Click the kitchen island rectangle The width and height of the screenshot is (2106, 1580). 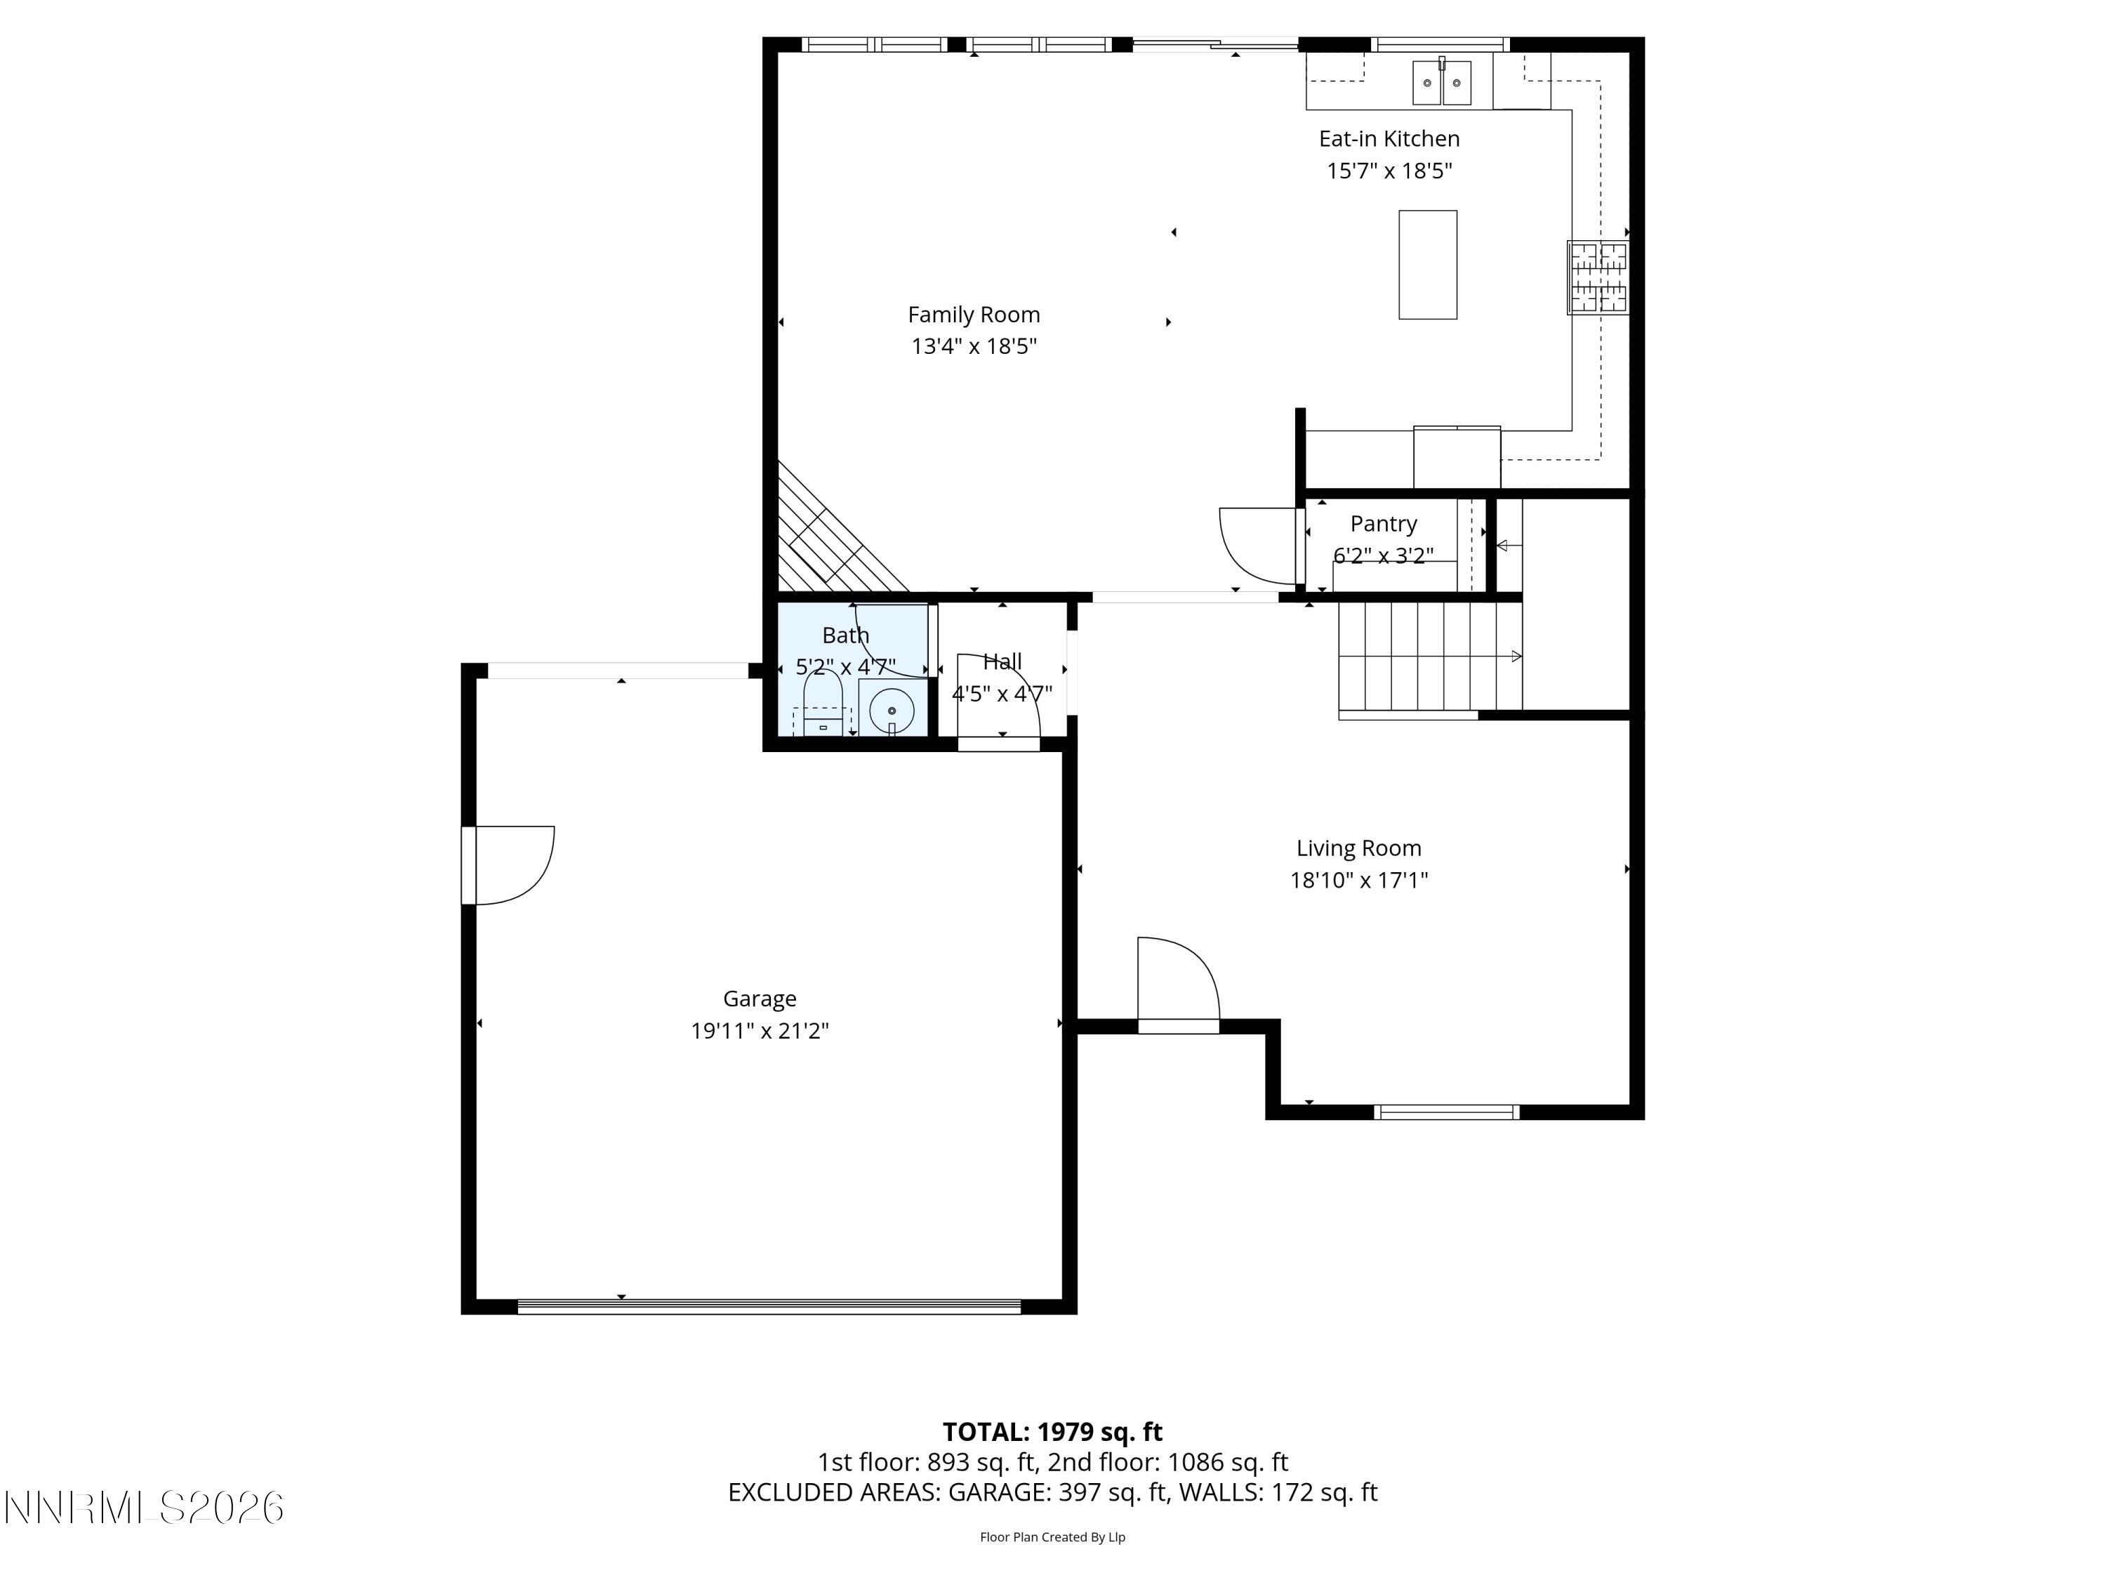pos(1426,265)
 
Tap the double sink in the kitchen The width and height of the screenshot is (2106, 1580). pos(1441,82)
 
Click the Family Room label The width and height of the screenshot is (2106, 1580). pos(973,315)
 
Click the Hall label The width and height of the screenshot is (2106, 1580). pos(1002,661)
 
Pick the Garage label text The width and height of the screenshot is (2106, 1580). pos(759,998)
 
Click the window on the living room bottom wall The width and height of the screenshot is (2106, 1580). pos(1445,1112)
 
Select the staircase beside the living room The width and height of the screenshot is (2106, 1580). pos(1428,657)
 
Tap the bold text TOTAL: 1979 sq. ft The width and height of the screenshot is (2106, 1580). pos(1052,1431)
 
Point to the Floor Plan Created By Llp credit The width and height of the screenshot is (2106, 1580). pos(1052,1536)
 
